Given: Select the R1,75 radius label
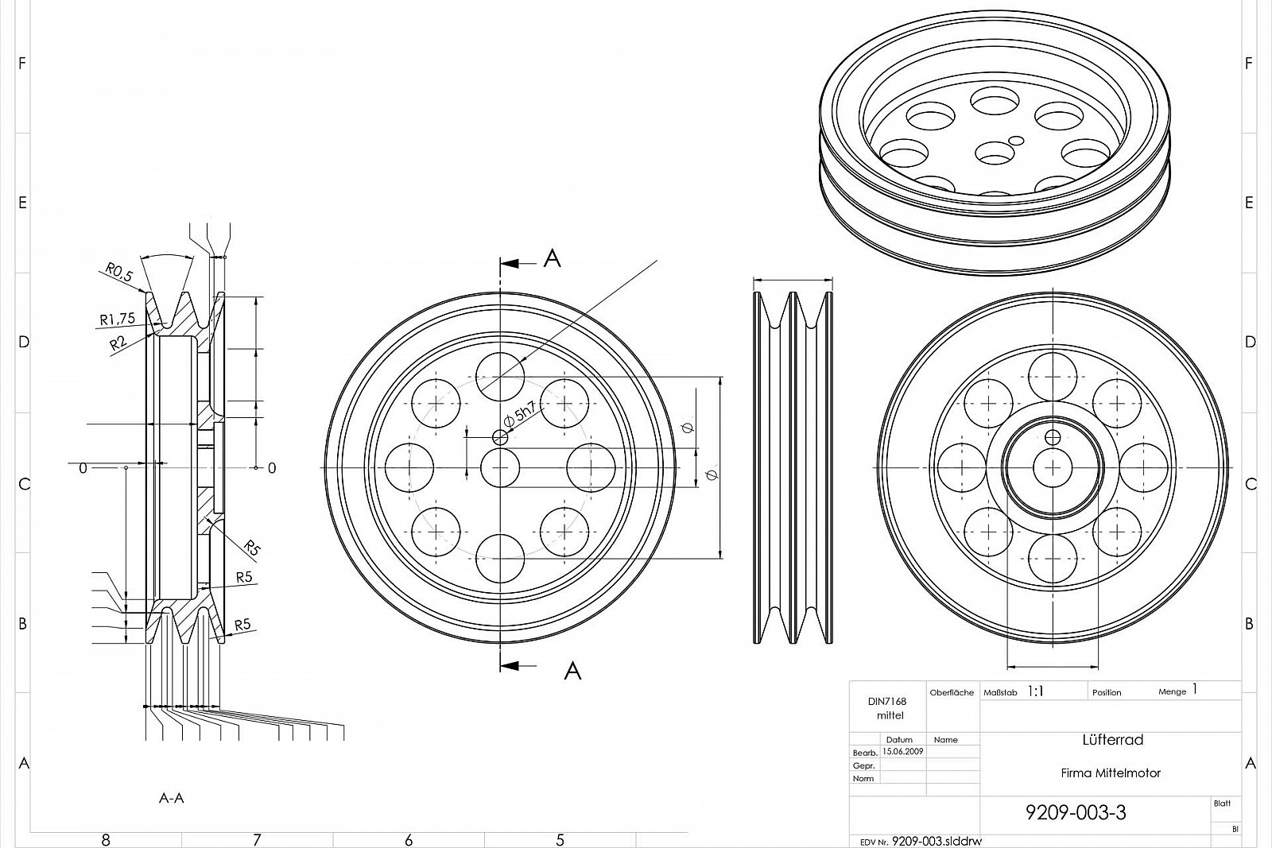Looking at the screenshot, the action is [118, 319].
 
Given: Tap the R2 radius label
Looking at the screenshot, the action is [118, 343].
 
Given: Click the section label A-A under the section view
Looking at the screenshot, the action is [172, 799].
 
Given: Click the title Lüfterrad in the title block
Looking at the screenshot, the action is [1112, 740].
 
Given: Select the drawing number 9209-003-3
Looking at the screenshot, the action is [1076, 812].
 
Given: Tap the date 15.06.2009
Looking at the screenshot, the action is [903, 751].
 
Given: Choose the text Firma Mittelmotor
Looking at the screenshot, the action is [1111, 772].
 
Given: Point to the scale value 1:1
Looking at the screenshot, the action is [1035, 691].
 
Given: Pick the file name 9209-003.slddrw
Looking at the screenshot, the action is [937, 841].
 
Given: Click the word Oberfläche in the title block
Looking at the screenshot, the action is [952, 692].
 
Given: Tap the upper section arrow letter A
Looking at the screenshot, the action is [552, 259].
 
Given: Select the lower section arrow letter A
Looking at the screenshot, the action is [572, 672].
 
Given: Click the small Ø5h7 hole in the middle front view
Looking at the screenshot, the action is [500, 437].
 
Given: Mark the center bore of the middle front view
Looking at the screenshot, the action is [500, 467].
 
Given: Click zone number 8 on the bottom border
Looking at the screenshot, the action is [106, 839].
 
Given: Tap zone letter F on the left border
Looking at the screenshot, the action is [22, 63].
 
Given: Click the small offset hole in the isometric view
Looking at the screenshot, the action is [1017, 141].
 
